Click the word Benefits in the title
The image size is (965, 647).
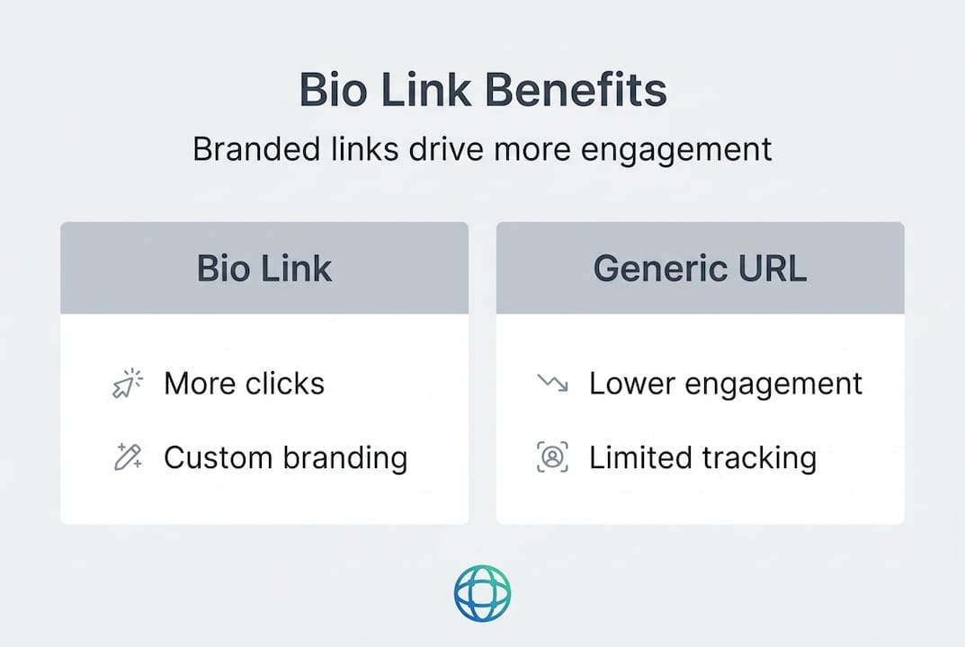pyautogui.click(x=576, y=90)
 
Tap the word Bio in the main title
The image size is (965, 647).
pyautogui.click(x=333, y=90)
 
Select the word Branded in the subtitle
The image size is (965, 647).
pyautogui.click(x=256, y=149)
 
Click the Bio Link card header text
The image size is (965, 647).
pyautogui.click(x=264, y=269)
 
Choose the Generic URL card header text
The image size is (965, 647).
pyautogui.click(x=700, y=269)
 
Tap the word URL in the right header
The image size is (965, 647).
pyautogui.click(x=773, y=269)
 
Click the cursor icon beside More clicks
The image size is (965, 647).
pyautogui.click(x=128, y=383)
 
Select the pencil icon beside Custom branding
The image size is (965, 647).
pyautogui.click(x=128, y=457)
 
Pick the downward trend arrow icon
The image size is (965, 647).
pyautogui.click(x=553, y=383)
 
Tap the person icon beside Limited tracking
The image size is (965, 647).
pyautogui.click(x=553, y=457)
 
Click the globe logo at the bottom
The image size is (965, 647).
pyautogui.click(x=482, y=593)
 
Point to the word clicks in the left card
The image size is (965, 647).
pyautogui.click(x=284, y=383)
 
